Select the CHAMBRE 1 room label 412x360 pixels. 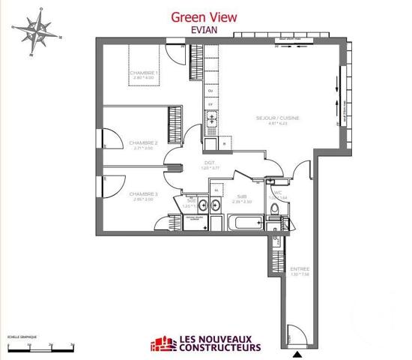143,72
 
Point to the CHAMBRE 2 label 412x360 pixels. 143,142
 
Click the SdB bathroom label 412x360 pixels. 242,196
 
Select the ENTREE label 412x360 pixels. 299,268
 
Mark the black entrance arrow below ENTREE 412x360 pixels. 300,354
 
